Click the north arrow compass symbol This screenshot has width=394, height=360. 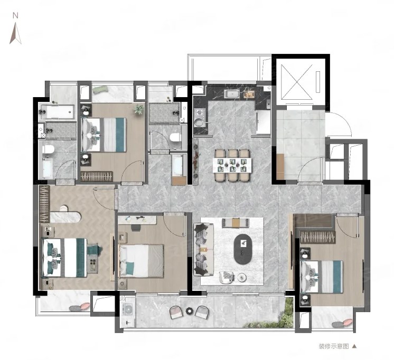click(x=15, y=33)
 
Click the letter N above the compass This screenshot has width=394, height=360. click(x=15, y=16)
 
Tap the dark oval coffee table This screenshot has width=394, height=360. click(x=243, y=249)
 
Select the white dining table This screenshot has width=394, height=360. click(x=233, y=165)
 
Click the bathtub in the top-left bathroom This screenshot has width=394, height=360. click(x=58, y=112)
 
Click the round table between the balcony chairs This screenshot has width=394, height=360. click(x=189, y=311)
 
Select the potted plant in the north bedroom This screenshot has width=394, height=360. click(x=139, y=109)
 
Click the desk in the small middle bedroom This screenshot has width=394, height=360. click(x=137, y=220)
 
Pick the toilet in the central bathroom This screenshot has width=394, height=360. click(x=175, y=137)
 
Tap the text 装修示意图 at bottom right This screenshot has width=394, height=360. click(x=334, y=346)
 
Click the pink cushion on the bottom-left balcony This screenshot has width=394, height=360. click(x=85, y=307)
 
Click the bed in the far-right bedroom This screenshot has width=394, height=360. click(x=322, y=277)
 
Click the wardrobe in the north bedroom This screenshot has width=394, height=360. click(x=97, y=176)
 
